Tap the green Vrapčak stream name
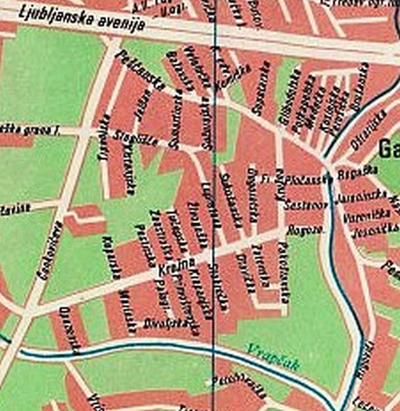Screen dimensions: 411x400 [x=273, y=356]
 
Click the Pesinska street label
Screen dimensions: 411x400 [x=145, y=245]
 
